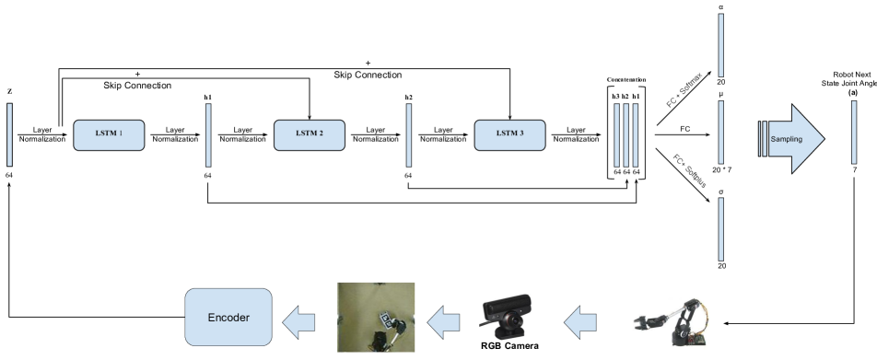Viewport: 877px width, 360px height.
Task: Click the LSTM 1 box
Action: tap(110, 134)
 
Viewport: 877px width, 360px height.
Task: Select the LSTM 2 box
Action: tap(310, 134)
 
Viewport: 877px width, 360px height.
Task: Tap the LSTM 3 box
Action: tap(509, 134)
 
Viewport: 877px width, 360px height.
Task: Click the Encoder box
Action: tap(228, 317)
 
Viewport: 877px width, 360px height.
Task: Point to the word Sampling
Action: tap(786, 139)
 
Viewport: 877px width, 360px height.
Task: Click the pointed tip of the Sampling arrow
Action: tap(823, 139)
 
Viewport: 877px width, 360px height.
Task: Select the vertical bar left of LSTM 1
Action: tap(9, 134)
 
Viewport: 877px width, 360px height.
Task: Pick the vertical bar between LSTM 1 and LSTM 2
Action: tap(208, 134)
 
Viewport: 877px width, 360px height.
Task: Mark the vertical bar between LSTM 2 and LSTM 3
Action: tap(409, 134)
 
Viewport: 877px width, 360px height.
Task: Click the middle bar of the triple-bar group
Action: tap(626, 134)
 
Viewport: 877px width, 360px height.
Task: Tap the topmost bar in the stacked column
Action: tap(721, 45)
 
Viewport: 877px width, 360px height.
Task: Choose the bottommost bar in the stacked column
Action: tap(721, 228)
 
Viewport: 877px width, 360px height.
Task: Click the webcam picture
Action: tap(506, 318)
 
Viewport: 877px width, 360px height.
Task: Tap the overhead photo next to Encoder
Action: tap(376, 317)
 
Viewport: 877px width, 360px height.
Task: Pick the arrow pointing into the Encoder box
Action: tap(298, 321)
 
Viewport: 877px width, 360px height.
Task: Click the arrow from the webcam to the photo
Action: tap(446, 321)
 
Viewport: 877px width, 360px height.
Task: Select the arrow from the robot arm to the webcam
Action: tap(579, 321)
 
